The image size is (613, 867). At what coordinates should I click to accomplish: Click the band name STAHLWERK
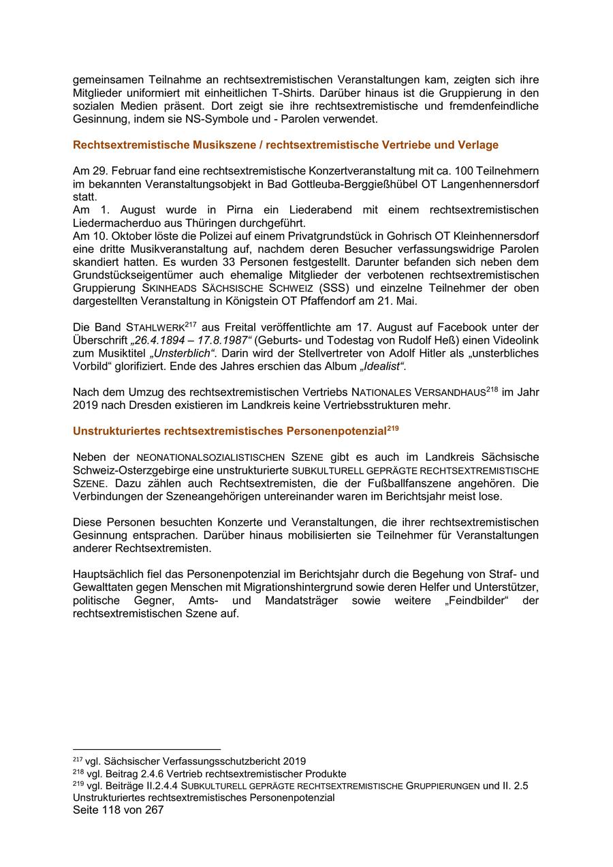coord(155,327)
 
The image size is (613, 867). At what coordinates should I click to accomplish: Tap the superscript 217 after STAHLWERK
coord(190,324)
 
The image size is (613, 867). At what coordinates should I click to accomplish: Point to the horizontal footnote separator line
coord(146,749)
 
